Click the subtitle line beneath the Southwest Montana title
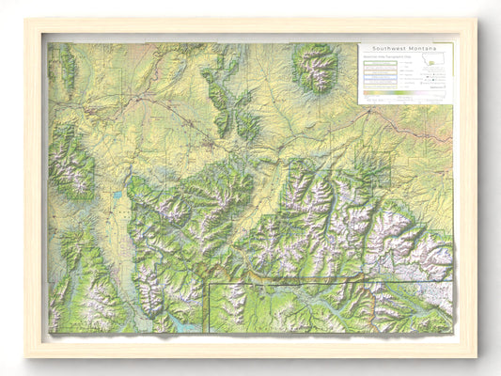click(384, 55)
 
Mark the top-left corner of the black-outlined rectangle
click(209, 283)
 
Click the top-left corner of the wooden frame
click(25, 19)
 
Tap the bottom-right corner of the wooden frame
click(477, 357)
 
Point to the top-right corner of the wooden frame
click(477, 19)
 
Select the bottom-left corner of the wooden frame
click(25, 357)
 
